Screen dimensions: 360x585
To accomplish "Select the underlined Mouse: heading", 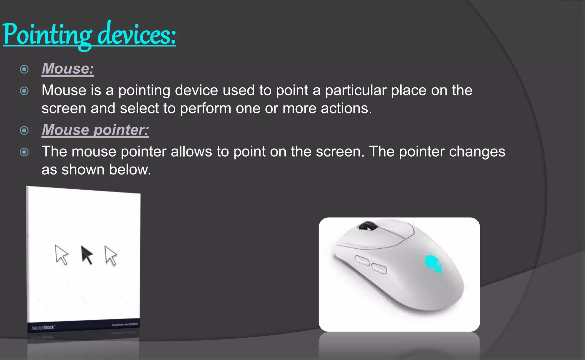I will pos(68,69).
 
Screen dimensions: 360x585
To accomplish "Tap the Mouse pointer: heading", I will pos(95,130).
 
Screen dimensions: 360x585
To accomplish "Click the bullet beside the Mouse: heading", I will pos(24,69).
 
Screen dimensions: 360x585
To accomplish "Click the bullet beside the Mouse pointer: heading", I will pos(24,131).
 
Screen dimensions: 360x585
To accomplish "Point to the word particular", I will pos(356,91).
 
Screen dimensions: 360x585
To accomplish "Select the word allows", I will pos(191,152).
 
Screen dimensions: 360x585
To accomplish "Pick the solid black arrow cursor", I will pos(87,254).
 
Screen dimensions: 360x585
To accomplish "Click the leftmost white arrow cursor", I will pos(61,254).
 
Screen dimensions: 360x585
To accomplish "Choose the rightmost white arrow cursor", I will pos(111,255).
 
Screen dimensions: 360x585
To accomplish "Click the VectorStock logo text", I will pos(43,327).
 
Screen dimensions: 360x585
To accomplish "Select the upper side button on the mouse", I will pos(362,260).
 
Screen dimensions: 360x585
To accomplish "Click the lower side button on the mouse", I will pos(379,269).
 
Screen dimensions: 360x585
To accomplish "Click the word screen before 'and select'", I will pos(64,109).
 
